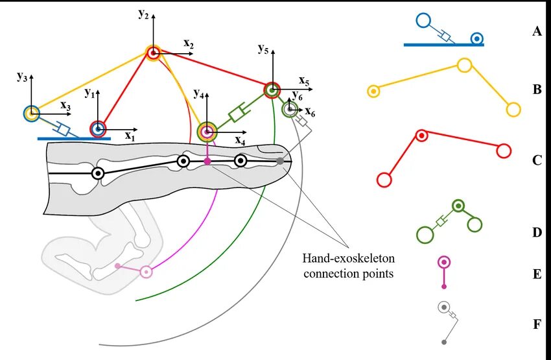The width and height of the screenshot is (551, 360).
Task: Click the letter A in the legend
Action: point(536,30)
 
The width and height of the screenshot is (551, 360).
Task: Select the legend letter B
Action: point(536,90)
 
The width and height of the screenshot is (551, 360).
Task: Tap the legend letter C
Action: point(536,160)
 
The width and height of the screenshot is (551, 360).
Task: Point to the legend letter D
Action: point(536,232)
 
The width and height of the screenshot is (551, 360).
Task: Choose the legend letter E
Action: point(536,274)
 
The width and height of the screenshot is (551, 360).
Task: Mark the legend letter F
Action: point(536,324)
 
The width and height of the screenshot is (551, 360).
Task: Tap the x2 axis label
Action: point(189,43)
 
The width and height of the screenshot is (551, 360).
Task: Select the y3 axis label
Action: point(22,77)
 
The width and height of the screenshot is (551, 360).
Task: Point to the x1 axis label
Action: point(130,137)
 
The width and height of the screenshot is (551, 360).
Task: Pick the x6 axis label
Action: point(310,112)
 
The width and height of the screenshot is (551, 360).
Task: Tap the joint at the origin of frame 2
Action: point(153,53)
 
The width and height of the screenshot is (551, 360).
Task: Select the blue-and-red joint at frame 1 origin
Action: point(98,129)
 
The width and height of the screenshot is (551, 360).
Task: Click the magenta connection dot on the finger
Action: point(207,160)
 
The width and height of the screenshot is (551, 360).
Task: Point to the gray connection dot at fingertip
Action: point(279,160)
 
